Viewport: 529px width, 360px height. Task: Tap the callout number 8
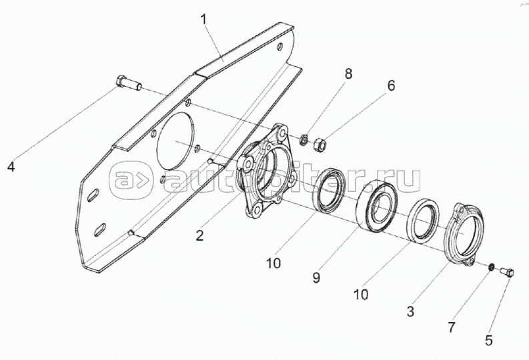[348, 74]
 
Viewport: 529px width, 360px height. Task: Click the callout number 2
[199, 234]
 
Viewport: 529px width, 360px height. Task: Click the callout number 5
[489, 341]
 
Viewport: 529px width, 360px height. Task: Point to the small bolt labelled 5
[505, 272]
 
